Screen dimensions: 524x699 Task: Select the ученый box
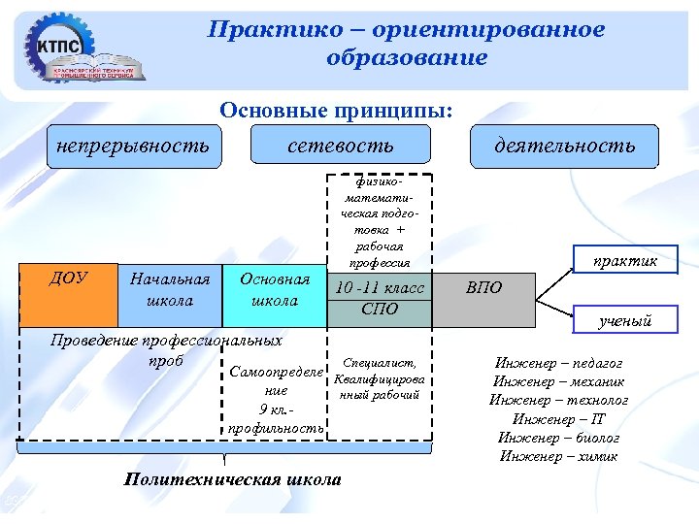click(625, 320)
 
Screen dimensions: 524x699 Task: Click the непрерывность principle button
click(132, 146)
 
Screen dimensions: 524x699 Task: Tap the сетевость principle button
click(341, 146)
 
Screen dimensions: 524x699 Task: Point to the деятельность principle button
click(564, 146)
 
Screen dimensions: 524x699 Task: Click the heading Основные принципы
click(337, 110)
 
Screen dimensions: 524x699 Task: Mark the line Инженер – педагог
click(559, 363)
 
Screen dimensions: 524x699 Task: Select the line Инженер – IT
click(559, 418)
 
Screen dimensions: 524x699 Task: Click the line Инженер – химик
click(559, 456)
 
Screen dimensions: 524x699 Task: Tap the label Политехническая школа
click(233, 479)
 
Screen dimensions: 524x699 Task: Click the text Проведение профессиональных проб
click(166, 349)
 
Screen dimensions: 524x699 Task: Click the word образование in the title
click(407, 58)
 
